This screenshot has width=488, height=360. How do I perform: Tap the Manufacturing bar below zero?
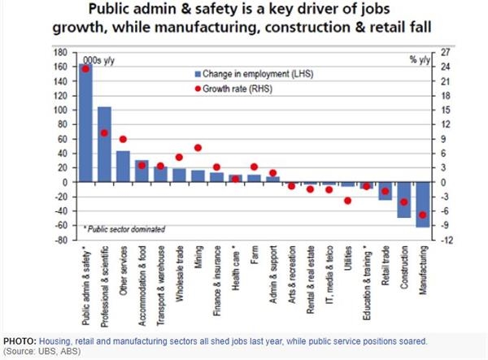coord(422,204)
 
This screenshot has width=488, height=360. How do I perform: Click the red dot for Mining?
coord(198,148)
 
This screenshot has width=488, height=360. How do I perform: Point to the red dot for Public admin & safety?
coord(85,69)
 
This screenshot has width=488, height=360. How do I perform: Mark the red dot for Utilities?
coord(347,200)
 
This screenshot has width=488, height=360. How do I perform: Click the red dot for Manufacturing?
coord(422,215)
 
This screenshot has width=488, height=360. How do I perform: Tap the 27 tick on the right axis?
coord(446,53)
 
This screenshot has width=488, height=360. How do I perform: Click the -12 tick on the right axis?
coord(446,241)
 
